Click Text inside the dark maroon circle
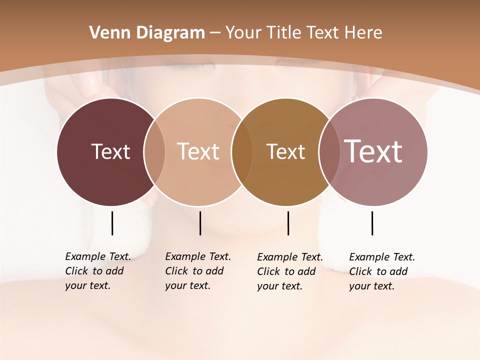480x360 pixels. coord(110,151)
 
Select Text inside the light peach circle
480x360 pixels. coord(198,151)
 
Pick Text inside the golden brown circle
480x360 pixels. coord(285,151)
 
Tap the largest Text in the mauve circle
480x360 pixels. coord(373,151)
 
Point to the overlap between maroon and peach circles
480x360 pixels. coord(154,151)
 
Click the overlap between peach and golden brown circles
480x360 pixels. coord(242,151)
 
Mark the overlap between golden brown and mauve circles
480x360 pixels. coord(329,151)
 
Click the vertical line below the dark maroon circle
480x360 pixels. coord(112,223)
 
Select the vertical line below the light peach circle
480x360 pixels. coord(200,223)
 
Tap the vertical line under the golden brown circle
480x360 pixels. coord(288,223)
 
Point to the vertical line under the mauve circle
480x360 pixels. coord(372,223)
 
